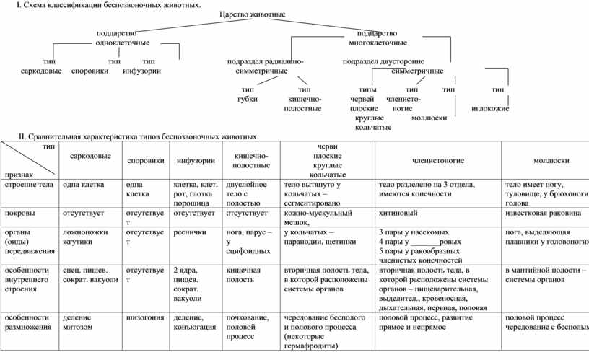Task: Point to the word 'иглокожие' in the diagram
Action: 490,108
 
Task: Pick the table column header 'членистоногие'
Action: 437,160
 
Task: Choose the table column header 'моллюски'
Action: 551,160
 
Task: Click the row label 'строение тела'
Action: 30,185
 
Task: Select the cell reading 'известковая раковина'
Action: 543,214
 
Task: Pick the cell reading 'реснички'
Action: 190,232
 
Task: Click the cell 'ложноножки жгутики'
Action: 85,237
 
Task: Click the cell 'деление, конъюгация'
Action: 194,322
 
